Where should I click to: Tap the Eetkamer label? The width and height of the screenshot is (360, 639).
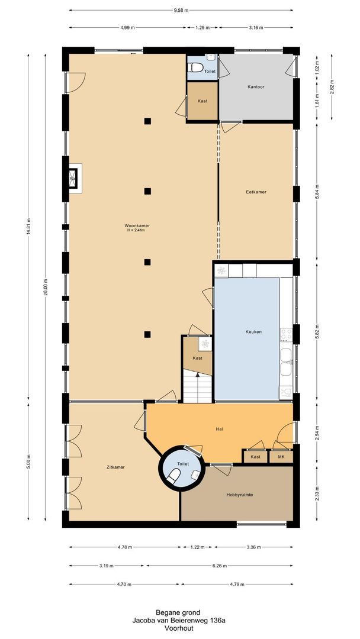coord(256,192)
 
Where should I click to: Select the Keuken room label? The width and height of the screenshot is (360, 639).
coord(253,332)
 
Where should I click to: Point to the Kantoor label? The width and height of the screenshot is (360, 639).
coord(256,87)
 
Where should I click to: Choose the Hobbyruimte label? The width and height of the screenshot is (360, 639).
coord(240,495)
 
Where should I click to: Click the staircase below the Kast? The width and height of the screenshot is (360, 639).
coord(198,388)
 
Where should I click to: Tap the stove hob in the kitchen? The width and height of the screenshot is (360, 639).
coord(286,335)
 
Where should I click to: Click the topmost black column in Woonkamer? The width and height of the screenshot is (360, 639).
coord(147,121)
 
